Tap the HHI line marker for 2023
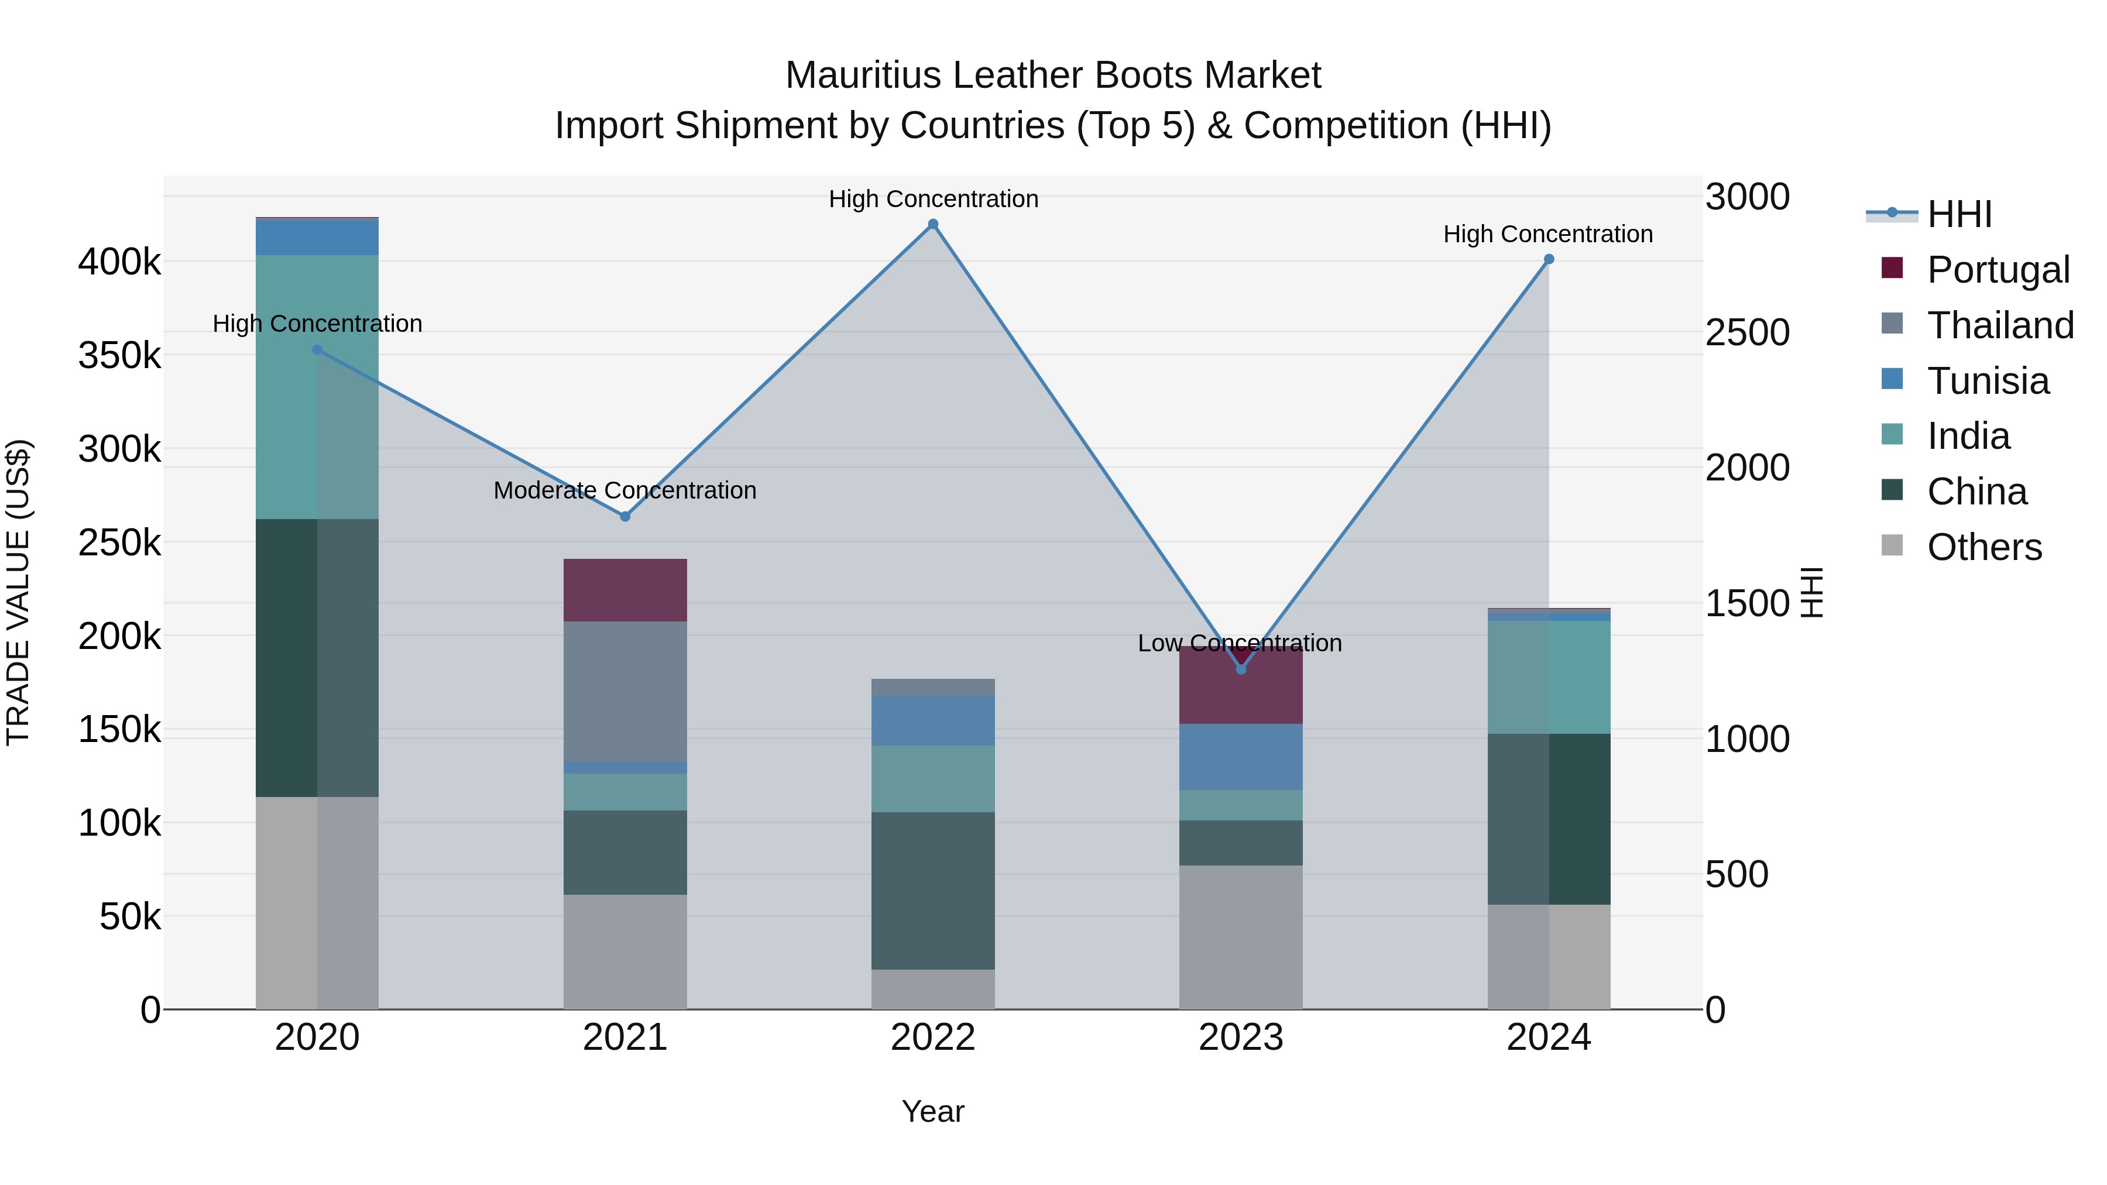pos(1241,669)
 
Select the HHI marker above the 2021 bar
pos(625,516)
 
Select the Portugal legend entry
pos(1998,270)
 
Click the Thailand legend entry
pos(2000,325)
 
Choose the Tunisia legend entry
pos(1988,381)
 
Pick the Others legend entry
pos(1984,547)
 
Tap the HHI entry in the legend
pos(1959,214)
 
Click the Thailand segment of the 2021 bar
pos(625,691)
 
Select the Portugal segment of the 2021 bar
pos(625,590)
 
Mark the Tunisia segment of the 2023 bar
pos(1241,757)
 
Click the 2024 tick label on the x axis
pos(1548,1038)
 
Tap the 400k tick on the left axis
pos(119,263)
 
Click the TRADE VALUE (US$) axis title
pos(18,592)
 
